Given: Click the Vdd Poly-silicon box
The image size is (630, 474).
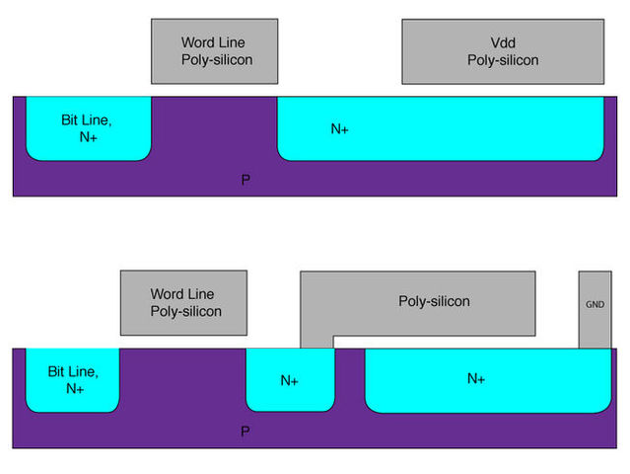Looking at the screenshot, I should pyautogui.click(x=502, y=51).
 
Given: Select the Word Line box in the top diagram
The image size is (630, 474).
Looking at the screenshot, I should pyautogui.click(x=214, y=51).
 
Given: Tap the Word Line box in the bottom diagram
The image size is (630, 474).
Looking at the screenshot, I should pyautogui.click(x=182, y=302).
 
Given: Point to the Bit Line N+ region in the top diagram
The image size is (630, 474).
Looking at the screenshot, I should pyautogui.click(x=88, y=127).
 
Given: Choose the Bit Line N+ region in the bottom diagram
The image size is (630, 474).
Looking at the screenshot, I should pyautogui.click(x=72, y=380).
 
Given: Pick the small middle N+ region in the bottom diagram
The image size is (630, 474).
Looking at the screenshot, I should pyautogui.click(x=290, y=379).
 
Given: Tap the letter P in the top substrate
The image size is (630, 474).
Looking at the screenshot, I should pyautogui.click(x=245, y=181).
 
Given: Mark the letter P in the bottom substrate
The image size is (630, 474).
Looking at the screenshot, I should pyautogui.click(x=245, y=433).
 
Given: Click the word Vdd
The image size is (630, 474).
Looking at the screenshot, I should pyautogui.click(x=502, y=43).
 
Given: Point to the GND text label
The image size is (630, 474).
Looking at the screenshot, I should pyautogui.click(x=594, y=305).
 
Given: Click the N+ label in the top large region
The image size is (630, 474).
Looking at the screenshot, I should pyautogui.click(x=339, y=128).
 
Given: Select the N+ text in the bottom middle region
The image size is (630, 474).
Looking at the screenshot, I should pyautogui.click(x=290, y=380).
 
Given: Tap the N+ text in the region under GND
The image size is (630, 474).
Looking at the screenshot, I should pyautogui.click(x=475, y=378).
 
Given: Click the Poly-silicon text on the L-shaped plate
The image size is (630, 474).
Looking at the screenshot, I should pyautogui.click(x=434, y=301).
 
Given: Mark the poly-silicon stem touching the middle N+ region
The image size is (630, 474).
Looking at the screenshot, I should pyautogui.click(x=316, y=341).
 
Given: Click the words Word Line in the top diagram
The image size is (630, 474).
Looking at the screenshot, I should pyautogui.click(x=213, y=43).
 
